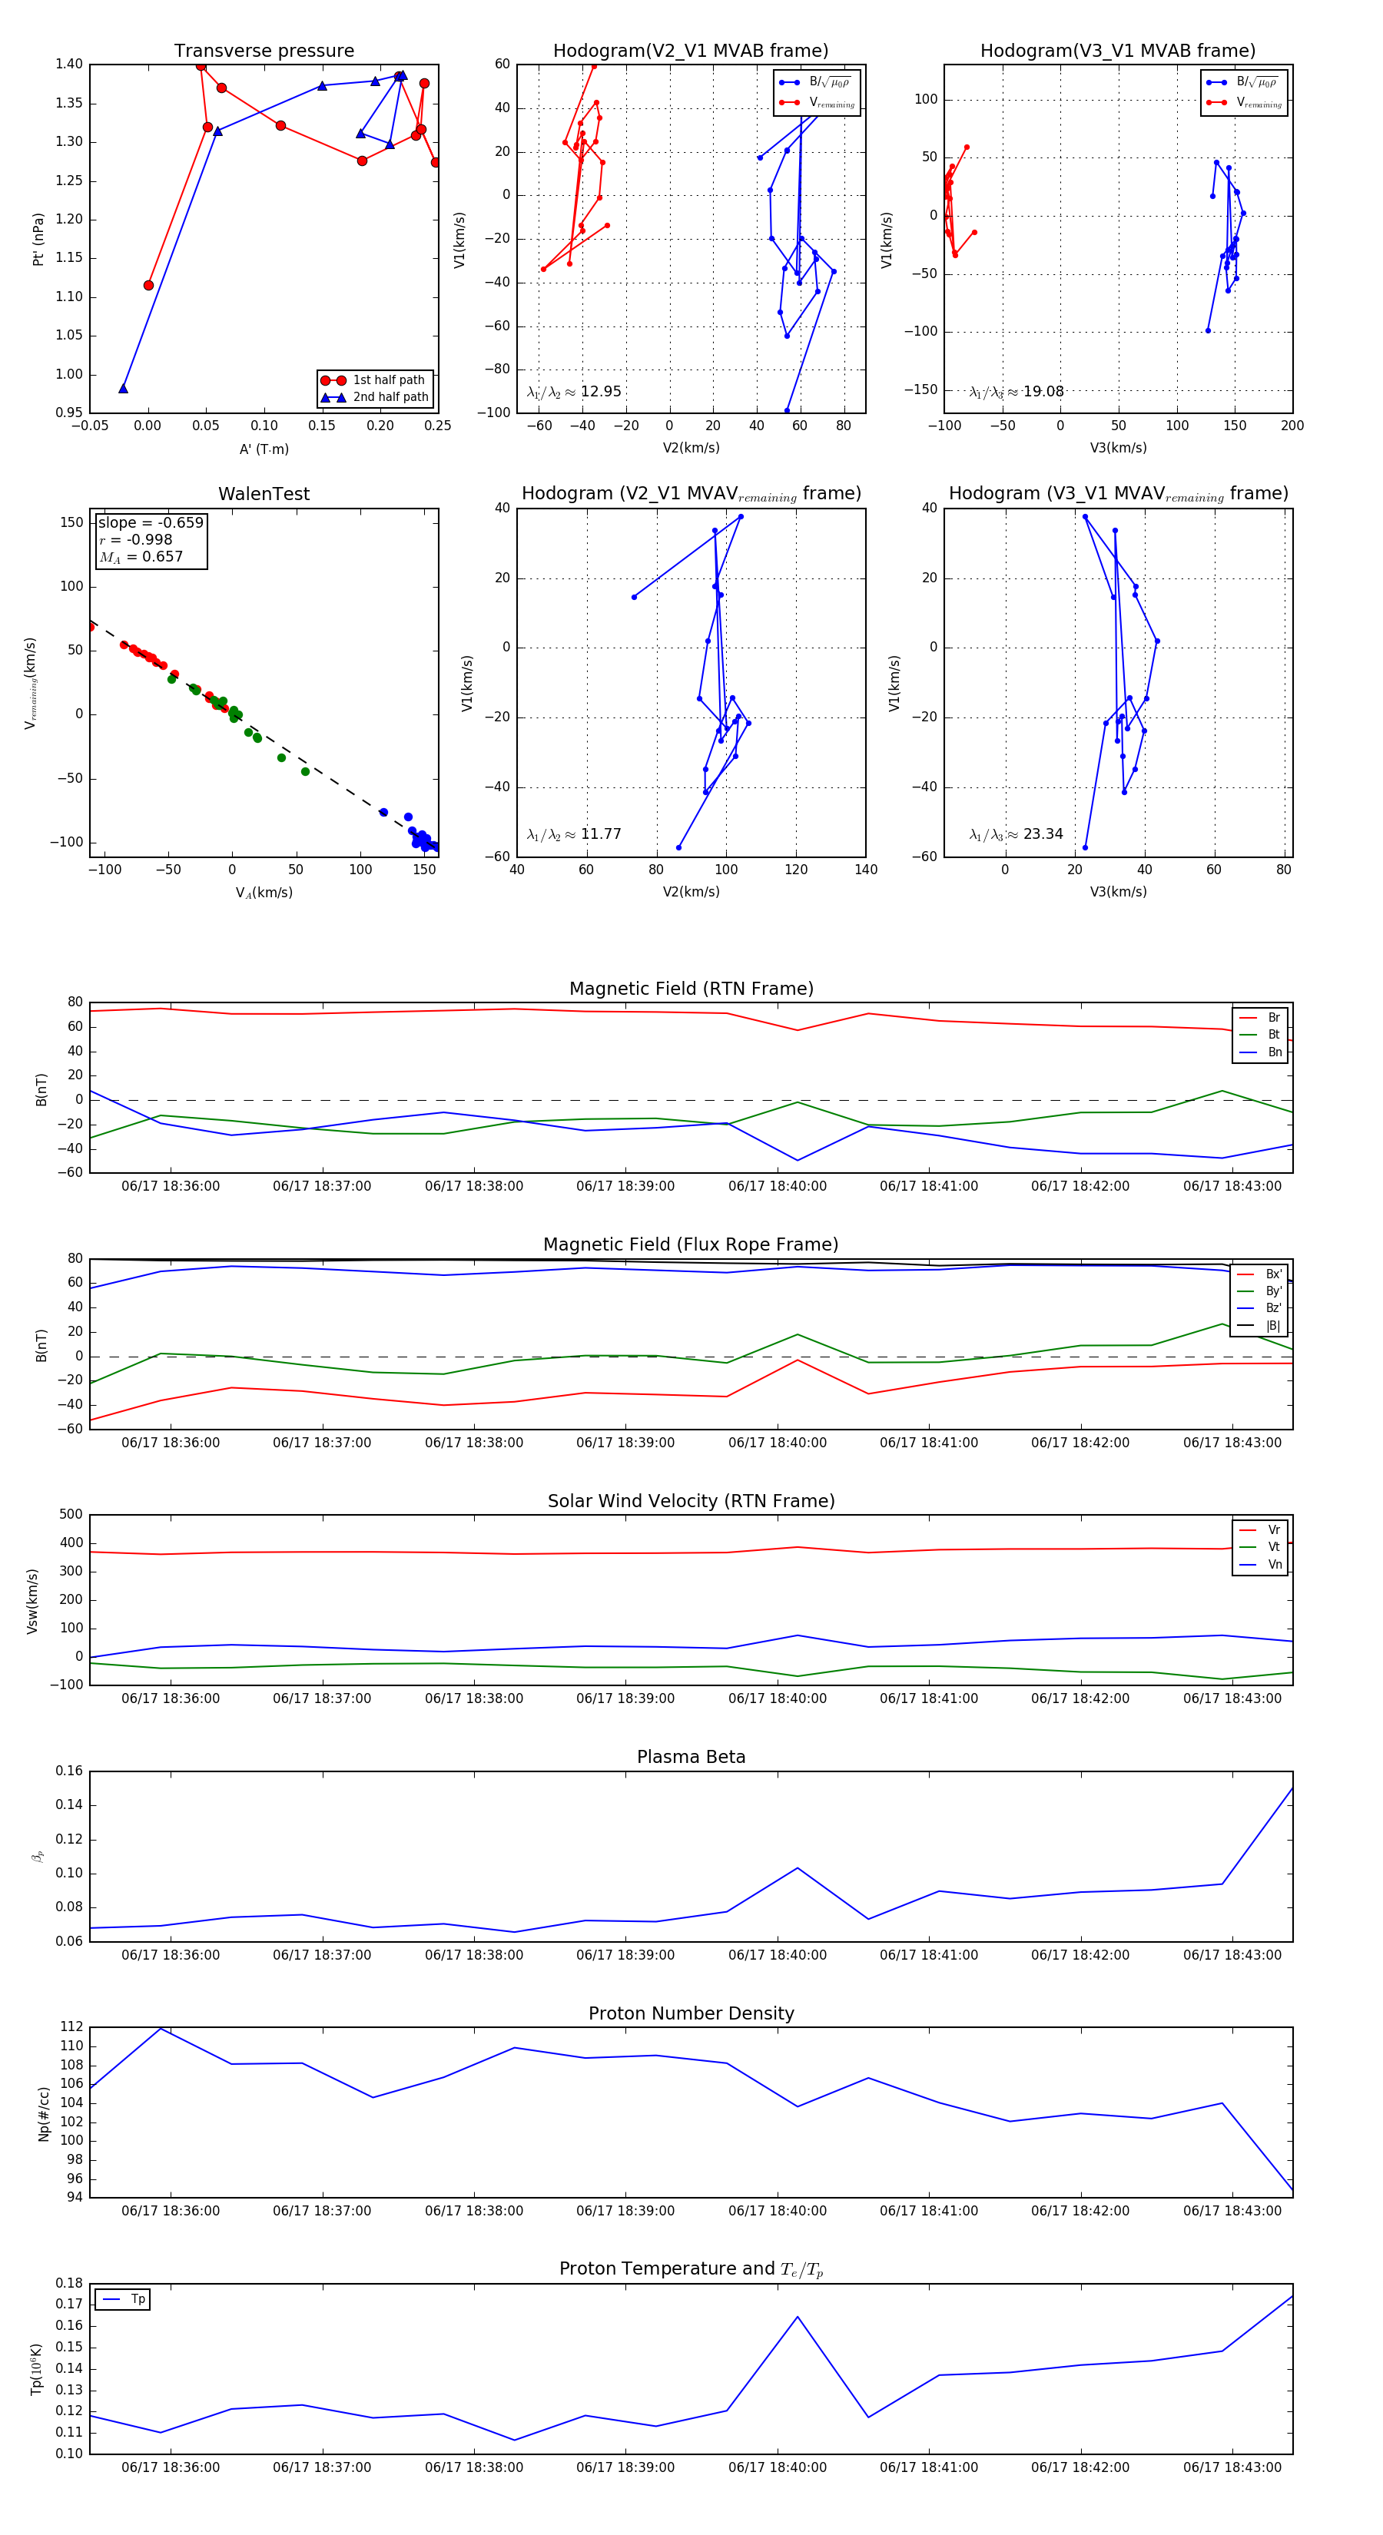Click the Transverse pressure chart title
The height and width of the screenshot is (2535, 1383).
point(264,51)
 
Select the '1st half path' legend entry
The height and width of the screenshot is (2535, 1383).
point(388,379)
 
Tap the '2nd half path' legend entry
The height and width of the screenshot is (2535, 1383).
point(390,398)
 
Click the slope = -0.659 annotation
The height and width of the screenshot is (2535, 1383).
point(151,522)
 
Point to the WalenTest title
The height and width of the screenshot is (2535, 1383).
point(264,494)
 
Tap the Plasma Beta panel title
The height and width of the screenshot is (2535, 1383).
point(691,1758)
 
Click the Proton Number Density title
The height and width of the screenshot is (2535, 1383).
point(691,2013)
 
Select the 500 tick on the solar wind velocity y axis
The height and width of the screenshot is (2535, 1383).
point(71,1515)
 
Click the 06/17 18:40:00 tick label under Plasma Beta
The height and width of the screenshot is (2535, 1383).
point(777,1954)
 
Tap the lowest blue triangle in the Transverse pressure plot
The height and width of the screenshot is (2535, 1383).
point(123,389)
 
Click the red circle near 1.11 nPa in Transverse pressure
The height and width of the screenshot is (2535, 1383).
point(148,286)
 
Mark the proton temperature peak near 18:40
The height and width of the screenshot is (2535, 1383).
point(798,2317)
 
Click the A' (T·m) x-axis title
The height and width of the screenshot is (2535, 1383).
point(264,449)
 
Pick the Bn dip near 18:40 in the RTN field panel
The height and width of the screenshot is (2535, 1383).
point(798,1160)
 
